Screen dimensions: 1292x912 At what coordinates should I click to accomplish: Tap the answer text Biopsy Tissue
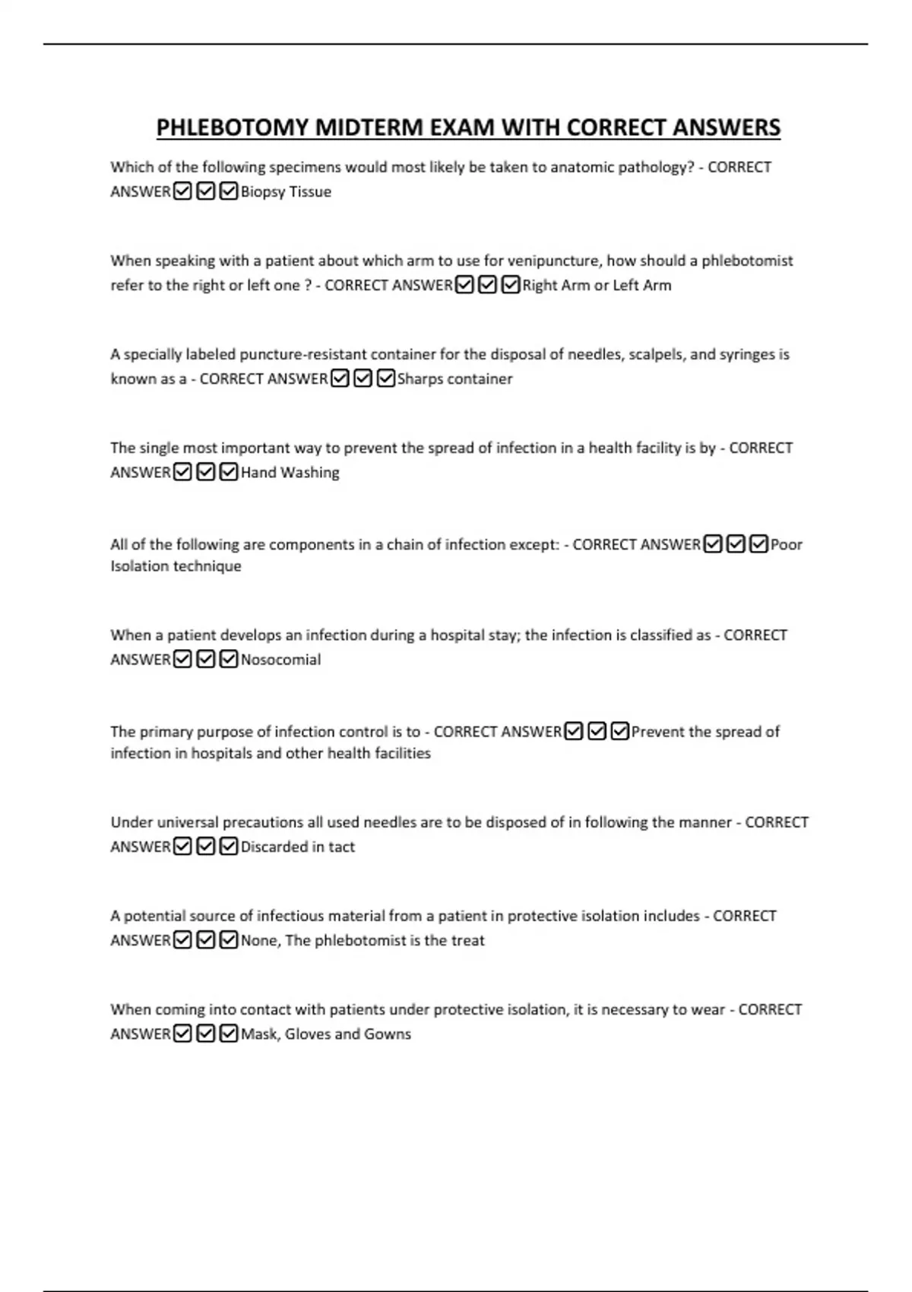tap(286, 192)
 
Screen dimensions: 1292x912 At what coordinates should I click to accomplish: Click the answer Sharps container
tap(454, 378)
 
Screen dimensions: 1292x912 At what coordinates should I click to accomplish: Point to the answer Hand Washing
tap(290, 472)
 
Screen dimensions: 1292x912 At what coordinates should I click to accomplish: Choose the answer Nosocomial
tap(280, 660)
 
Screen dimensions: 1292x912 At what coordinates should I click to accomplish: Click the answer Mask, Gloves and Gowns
tap(325, 1034)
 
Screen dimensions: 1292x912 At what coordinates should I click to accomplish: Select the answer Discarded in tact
tap(297, 847)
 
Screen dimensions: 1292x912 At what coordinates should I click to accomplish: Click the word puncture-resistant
tap(303, 354)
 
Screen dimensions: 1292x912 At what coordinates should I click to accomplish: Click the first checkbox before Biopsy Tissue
tap(182, 192)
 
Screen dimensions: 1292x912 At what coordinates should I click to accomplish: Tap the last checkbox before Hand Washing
tap(229, 472)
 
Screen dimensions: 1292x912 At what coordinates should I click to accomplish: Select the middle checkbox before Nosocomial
tap(205, 660)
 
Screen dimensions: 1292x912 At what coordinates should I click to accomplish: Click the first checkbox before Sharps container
tap(340, 378)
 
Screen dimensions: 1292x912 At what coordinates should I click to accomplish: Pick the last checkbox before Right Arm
tap(511, 285)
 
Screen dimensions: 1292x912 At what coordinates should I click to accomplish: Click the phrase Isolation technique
tap(176, 566)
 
